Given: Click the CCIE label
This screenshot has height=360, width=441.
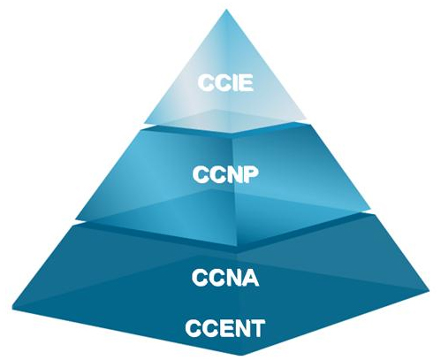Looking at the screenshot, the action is point(225,83).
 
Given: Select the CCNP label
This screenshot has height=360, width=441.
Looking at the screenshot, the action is point(225,174).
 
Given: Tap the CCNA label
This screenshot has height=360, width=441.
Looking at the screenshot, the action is point(225,278).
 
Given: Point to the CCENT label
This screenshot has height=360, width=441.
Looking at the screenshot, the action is point(225,328).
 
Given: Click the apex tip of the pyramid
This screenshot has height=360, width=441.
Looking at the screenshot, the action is point(226,10).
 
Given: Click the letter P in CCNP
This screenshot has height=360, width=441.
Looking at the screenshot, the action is point(251,174).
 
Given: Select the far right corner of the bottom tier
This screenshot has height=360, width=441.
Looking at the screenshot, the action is point(430,289).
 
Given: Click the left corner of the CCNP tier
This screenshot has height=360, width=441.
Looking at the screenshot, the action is point(77,218).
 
